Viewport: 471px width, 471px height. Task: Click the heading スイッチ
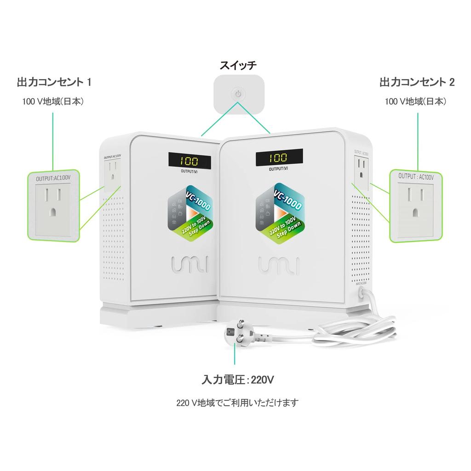(x=238, y=65)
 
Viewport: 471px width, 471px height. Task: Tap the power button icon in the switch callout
(x=238, y=94)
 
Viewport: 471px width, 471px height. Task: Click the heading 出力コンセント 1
(x=54, y=82)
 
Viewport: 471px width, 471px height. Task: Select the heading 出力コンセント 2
(x=417, y=82)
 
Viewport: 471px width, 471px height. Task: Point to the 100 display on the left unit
(x=189, y=161)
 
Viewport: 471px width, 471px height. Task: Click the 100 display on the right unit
(x=279, y=158)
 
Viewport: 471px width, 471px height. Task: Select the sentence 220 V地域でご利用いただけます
(x=238, y=403)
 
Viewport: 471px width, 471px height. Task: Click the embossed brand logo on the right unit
(x=279, y=265)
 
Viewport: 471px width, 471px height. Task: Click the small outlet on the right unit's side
(x=361, y=168)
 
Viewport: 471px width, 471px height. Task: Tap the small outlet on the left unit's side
(x=110, y=174)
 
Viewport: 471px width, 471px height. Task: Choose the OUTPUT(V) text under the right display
(x=279, y=168)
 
